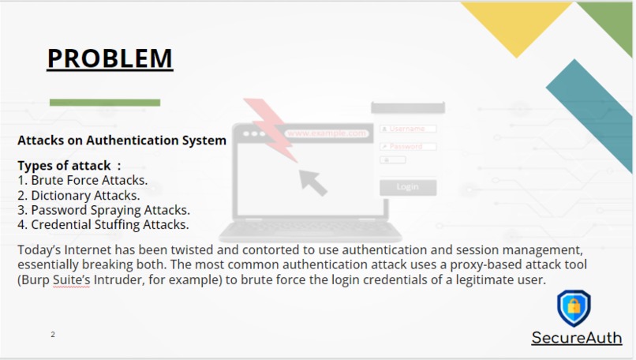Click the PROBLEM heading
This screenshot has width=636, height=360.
[x=110, y=58]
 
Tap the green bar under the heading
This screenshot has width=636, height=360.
[x=105, y=103]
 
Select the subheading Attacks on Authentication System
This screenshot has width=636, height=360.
[x=122, y=141]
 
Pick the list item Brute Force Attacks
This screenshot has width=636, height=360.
[x=82, y=181]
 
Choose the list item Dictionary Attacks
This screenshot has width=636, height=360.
[x=78, y=195]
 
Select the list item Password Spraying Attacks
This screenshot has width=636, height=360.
[x=103, y=210]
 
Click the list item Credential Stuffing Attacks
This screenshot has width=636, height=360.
[x=103, y=224]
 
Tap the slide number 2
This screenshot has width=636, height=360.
[x=53, y=335]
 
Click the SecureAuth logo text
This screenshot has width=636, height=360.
[x=576, y=339]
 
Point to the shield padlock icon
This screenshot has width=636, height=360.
[x=574, y=308]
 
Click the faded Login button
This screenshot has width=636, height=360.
[x=408, y=187]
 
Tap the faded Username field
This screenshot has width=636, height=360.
[x=408, y=129]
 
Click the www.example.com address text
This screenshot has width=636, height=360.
[x=327, y=133]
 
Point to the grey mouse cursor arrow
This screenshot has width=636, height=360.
[x=312, y=180]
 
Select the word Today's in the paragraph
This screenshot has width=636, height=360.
[x=38, y=250]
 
